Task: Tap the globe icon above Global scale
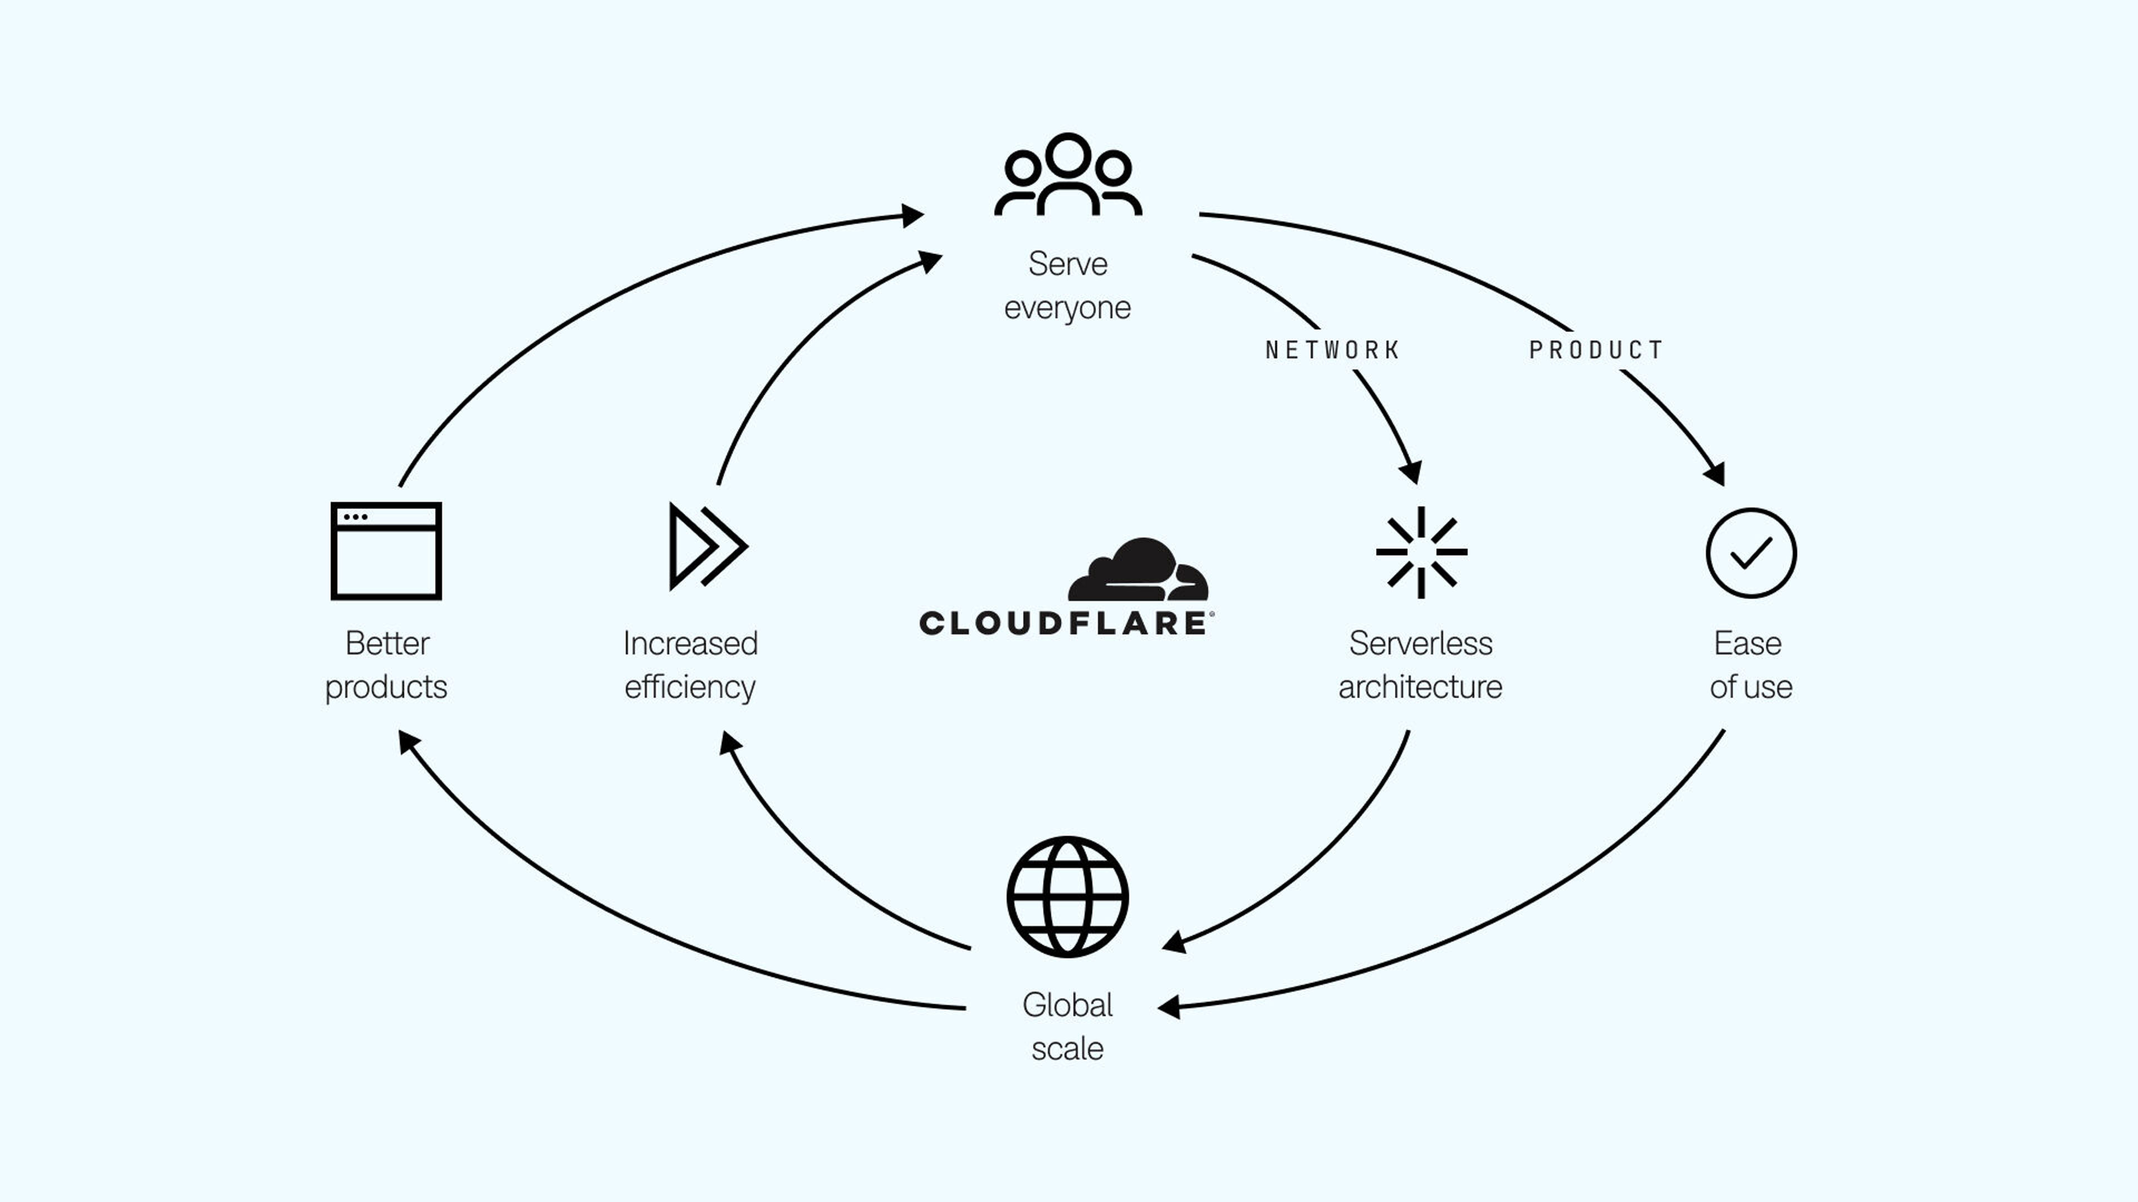pyautogui.click(x=1067, y=896)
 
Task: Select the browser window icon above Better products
pyautogui.click(x=386, y=551)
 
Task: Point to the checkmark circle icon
pyautogui.click(x=1751, y=553)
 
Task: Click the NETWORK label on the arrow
pyautogui.click(x=1332, y=350)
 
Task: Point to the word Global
pyautogui.click(x=1067, y=1006)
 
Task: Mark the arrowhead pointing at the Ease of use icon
pyautogui.click(x=1715, y=474)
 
